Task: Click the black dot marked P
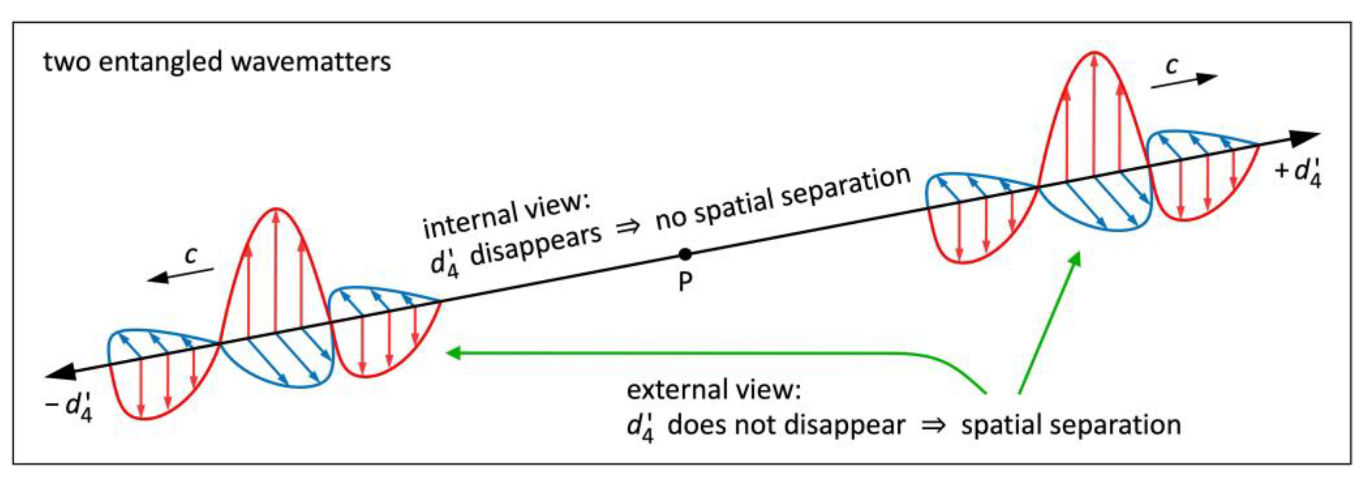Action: pyautogui.click(x=685, y=255)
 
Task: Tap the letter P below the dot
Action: pyautogui.click(x=685, y=282)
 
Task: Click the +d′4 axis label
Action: pyautogui.click(x=1298, y=173)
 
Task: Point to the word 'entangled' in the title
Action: pyautogui.click(x=160, y=62)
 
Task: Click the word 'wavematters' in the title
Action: pyautogui.click(x=311, y=62)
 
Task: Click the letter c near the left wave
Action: pyautogui.click(x=191, y=255)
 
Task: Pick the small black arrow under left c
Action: pyautogui.click(x=180, y=275)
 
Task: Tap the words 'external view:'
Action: pyautogui.click(x=713, y=390)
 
